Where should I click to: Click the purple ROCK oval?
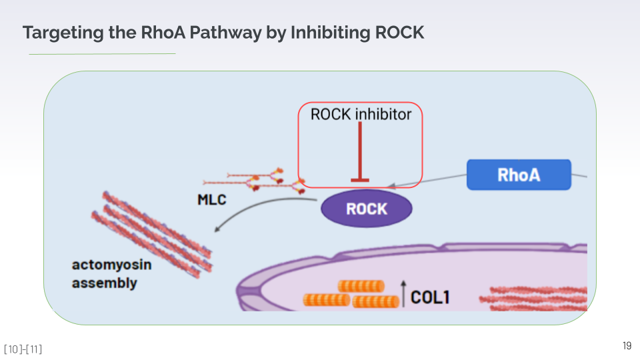click(x=367, y=209)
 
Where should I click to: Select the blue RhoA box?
click(x=519, y=175)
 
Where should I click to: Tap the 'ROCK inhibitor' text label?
click(x=361, y=114)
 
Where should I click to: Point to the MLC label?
click(x=212, y=199)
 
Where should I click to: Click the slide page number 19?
click(x=627, y=345)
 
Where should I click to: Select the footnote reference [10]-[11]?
click(x=23, y=349)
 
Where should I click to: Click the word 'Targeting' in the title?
click(x=58, y=32)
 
